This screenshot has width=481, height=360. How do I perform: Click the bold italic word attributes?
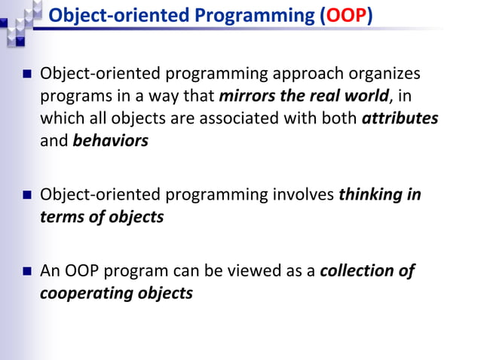click(x=400, y=119)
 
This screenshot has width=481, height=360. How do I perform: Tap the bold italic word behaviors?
click(x=110, y=141)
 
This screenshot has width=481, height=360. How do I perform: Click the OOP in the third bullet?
click(x=77, y=270)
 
